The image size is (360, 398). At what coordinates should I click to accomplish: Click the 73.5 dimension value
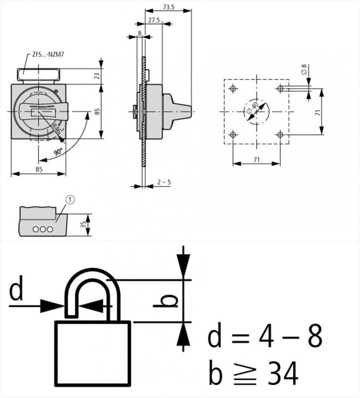tap(168, 7)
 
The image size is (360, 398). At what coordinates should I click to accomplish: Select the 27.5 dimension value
tap(154, 20)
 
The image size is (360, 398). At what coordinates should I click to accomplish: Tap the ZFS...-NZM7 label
tap(48, 54)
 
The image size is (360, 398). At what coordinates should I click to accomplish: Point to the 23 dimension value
tap(97, 76)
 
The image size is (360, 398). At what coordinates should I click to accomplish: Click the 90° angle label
tap(58, 152)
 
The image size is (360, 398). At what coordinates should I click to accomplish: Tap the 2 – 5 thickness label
tap(164, 182)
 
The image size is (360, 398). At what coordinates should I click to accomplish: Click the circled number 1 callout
tap(70, 200)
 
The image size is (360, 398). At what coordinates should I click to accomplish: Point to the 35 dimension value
tap(83, 224)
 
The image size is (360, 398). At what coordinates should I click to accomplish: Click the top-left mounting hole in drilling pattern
tap(233, 88)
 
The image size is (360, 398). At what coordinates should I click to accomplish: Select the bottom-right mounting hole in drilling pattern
tap(280, 134)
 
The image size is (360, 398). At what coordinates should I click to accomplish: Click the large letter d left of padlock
tap(16, 288)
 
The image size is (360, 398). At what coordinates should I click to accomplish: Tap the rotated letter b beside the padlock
tap(165, 301)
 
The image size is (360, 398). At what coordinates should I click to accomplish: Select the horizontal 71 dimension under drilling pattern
tap(256, 159)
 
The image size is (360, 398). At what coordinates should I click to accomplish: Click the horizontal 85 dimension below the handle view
tap(39, 169)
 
